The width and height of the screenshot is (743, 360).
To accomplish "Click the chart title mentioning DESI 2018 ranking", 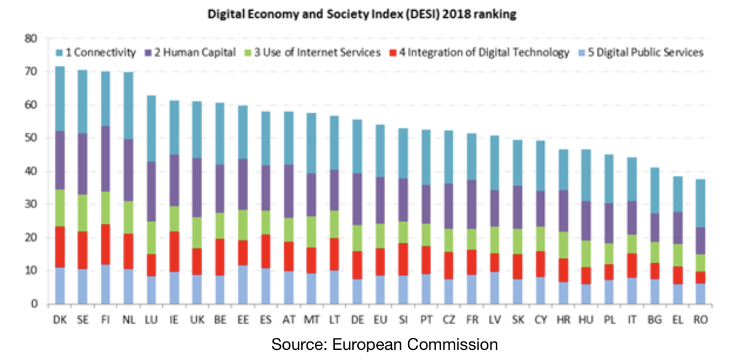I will pyautogui.click(x=361, y=15).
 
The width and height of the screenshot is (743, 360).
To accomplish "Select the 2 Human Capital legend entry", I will pyautogui.click(x=195, y=52).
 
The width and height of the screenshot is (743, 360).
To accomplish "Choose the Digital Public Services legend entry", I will pyautogui.click(x=649, y=52).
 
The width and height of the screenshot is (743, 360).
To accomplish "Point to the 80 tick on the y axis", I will pyautogui.click(x=31, y=39).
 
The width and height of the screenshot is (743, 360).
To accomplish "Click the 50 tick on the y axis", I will pyautogui.click(x=31, y=138).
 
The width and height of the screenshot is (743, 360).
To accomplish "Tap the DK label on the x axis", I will pyautogui.click(x=60, y=320).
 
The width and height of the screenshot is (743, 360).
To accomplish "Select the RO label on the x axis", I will pyautogui.click(x=701, y=320).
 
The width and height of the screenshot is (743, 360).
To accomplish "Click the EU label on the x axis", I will pyautogui.click(x=380, y=320).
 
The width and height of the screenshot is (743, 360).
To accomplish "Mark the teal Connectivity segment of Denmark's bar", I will pyautogui.click(x=60, y=98).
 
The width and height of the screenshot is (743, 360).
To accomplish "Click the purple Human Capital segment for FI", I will pyautogui.click(x=106, y=158).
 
